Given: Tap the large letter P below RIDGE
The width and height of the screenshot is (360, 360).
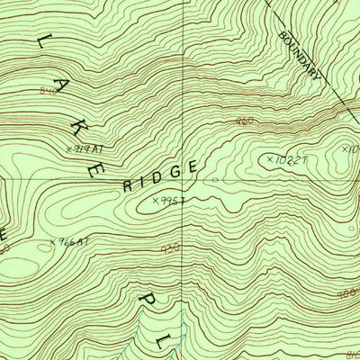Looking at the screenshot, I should pos(147,294).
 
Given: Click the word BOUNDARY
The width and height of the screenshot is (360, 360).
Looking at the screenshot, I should pos(299,56).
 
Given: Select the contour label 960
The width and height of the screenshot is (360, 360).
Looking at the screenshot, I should pos(244,121).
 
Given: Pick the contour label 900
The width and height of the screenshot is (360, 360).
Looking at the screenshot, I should pos(346,293).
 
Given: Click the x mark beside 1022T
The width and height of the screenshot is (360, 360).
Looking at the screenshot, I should pos(269,159).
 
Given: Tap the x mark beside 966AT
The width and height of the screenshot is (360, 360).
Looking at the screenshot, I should pos(53,241).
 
